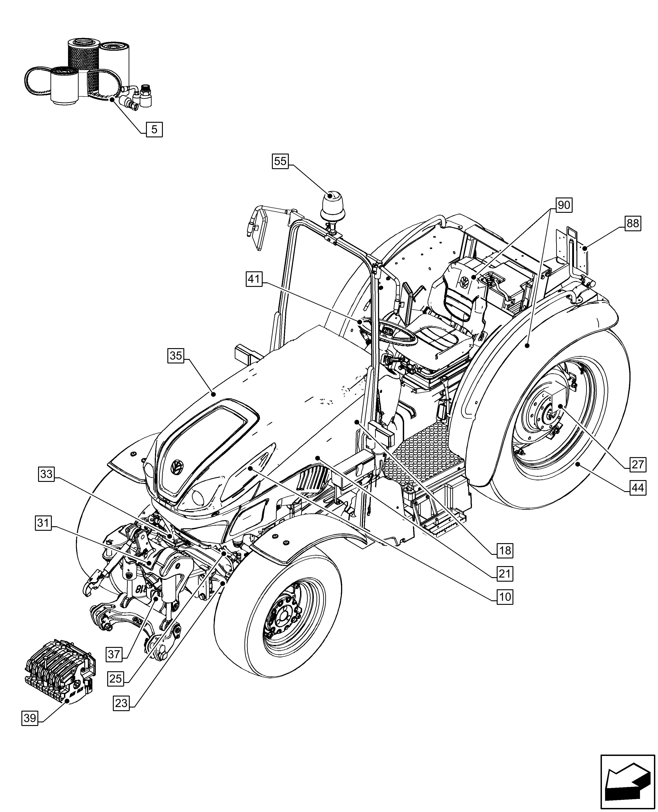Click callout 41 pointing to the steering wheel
254,279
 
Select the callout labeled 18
505,550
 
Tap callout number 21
505,574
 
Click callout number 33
46,474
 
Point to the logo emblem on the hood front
177,467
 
